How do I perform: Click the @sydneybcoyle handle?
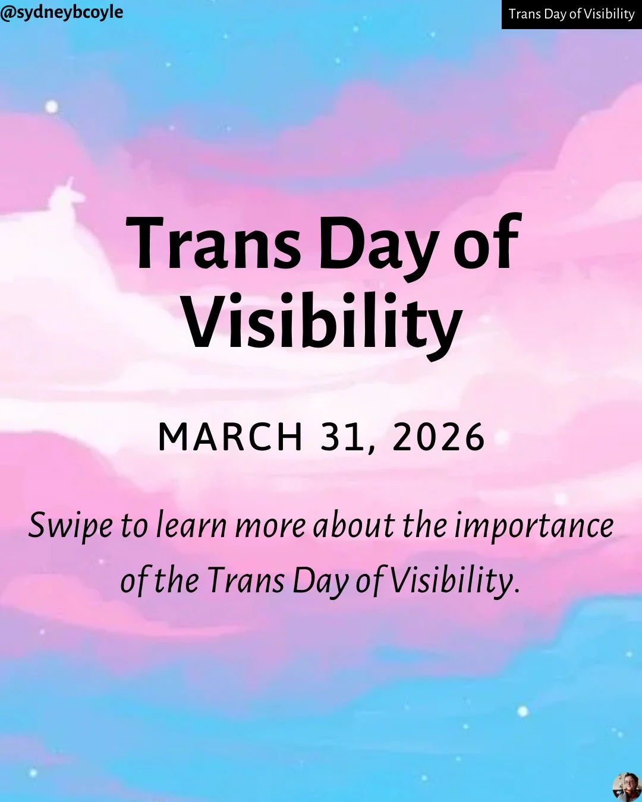(62, 12)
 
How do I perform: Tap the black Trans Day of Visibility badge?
(571, 14)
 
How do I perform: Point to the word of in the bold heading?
(487, 244)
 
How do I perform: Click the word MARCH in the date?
(231, 438)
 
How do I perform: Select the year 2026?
(439, 438)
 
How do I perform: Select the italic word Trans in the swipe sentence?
(246, 581)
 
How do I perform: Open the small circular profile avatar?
(626, 787)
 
